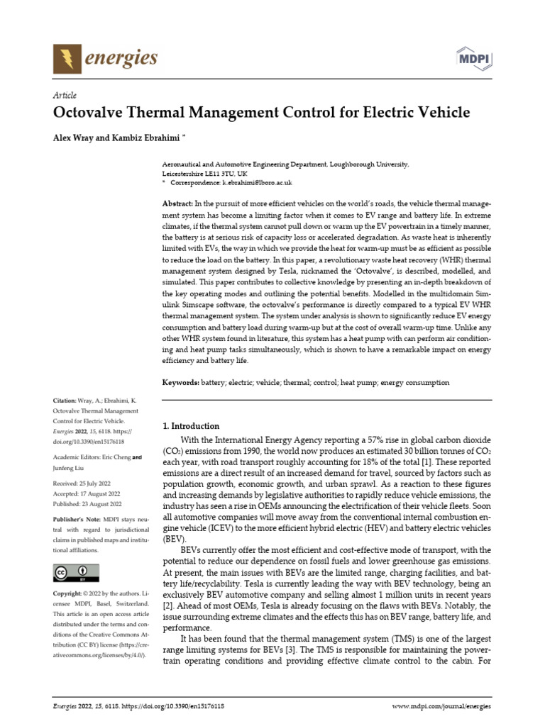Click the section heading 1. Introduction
coord(192,426)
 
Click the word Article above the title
coord(65,95)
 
